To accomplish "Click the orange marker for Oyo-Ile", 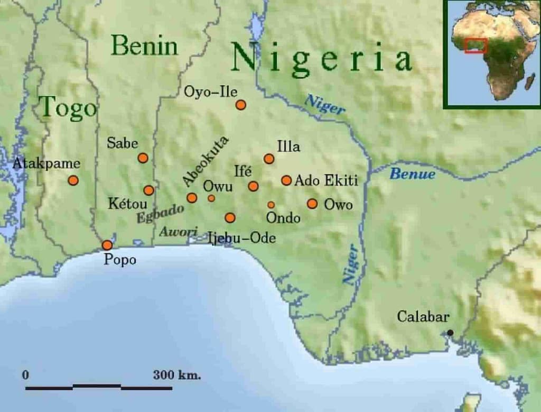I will (241, 105).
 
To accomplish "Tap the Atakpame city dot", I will (73, 180).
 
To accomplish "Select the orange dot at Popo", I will (107, 245).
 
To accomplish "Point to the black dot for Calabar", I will (450, 333).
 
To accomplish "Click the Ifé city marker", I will (254, 186).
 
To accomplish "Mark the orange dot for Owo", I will (312, 204).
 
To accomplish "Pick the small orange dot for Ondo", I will (271, 205).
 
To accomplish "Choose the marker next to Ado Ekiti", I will (286, 180).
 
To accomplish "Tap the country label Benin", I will (145, 46).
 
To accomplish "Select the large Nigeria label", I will (321, 59).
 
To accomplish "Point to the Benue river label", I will (412, 173).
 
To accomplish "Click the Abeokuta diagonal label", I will (206, 161).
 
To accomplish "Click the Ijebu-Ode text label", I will (241, 239).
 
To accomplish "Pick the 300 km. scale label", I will (177, 376).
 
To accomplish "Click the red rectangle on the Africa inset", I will (475, 45).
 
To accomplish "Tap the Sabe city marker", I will (143, 158).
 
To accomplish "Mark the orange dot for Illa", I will (269, 159).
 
